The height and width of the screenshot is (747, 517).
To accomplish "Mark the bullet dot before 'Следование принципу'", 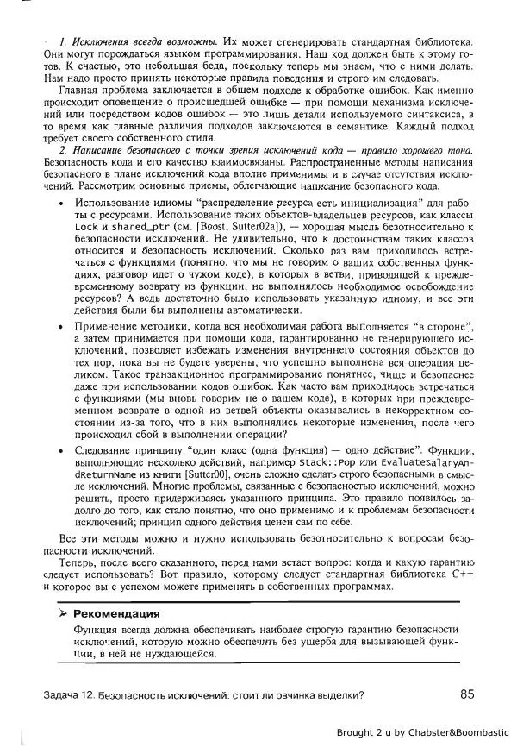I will coord(59,449).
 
